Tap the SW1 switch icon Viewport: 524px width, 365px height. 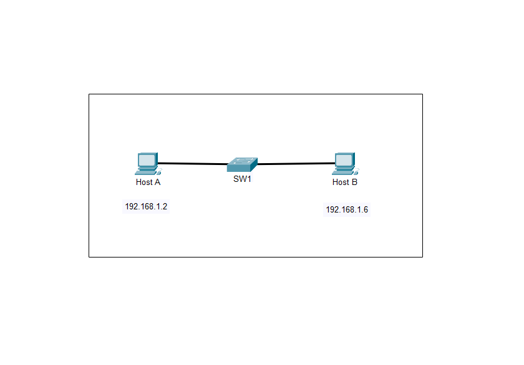pyautogui.click(x=242, y=165)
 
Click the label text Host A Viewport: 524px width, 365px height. pyautogui.click(x=148, y=182)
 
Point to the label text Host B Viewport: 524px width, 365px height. pyautogui.click(x=345, y=182)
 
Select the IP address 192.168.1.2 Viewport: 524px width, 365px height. pyautogui.click(x=146, y=207)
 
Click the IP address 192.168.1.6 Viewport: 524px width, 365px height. pyautogui.click(x=347, y=210)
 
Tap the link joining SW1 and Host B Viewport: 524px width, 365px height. pyautogui.click(x=296, y=164)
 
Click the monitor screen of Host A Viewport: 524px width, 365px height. pyautogui.click(x=146, y=160)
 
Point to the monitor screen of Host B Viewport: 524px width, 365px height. pyautogui.click(x=342, y=160)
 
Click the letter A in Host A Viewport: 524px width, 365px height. pyautogui.click(x=158, y=182)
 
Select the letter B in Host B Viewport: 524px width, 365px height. pyautogui.click(x=354, y=182)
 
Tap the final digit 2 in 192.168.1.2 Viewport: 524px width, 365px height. pyautogui.click(x=165, y=207)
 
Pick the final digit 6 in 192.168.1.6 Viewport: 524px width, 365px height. pyautogui.click(x=366, y=210)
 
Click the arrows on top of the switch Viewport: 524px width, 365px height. pyautogui.click(x=242, y=161)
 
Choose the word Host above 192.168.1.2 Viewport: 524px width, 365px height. pyautogui.click(x=144, y=182)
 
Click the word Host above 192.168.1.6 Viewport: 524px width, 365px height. pyautogui.click(x=341, y=182)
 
